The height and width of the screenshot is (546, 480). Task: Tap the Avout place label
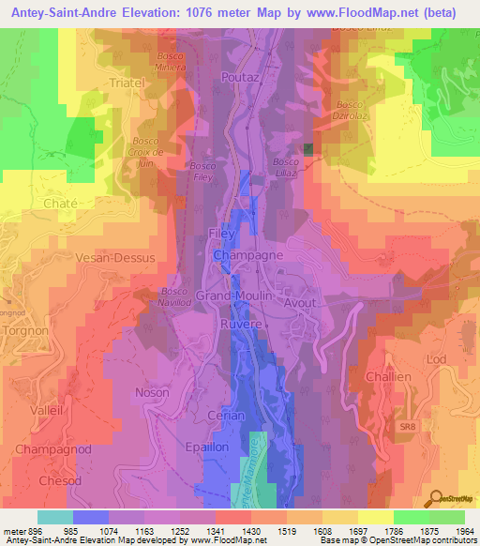click(300, 303)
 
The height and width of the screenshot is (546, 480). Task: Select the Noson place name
click(152, 392)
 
